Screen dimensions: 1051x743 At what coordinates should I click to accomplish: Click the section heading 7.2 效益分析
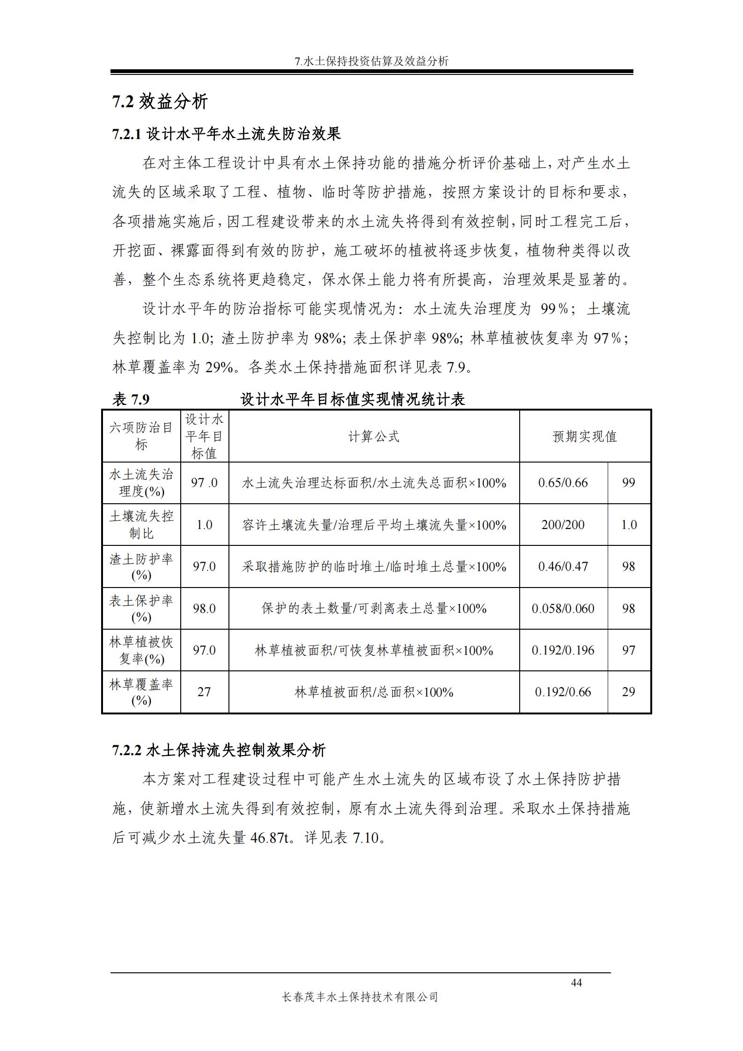pyautogui.click(x=160, y=102)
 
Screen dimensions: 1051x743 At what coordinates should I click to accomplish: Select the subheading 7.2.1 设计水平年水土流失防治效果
pyautogui.click(x=227, y=134)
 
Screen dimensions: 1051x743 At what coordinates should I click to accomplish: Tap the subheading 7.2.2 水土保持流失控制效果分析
pyautogui.click(x=219, y=750)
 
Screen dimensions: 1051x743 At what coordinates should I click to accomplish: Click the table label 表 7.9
pyautogui.click(x=131, y=399)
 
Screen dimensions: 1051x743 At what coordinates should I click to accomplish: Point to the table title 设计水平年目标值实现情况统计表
pyautogui.click(x=352, y=399)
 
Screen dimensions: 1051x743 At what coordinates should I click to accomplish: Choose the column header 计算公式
pyautogui.click(x=374, y=437)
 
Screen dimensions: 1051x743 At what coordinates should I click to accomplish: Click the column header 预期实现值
pyautogui.click(x=585, y=437)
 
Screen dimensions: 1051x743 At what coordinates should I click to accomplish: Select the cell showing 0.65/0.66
pyautogui.click(x=563, y=483)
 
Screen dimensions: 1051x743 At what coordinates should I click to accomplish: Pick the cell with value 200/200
pyautogui.click(x=563, y=525)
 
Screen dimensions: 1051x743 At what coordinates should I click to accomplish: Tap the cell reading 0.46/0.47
pyautogui.click(x=563, y=566)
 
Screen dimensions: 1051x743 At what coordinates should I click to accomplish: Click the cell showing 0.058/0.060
pyautogui.click(x=563, y=609)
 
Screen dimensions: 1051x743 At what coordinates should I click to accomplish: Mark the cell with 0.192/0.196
pyautogui.click(x=563, y=650)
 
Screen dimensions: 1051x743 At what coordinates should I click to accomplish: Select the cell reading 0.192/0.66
pyautogui.click(x=563, y=692)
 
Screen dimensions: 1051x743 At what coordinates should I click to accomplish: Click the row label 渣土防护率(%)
pyautogui.click(x=141, y=566)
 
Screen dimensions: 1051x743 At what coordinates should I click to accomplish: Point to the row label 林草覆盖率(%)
pyautogui.click(x=141, y=692)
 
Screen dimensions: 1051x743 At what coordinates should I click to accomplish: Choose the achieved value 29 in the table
pyautogui.click(x=628, y=692)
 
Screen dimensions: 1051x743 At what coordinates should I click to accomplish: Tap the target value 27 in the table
pyautogui.click(x=204, y=692)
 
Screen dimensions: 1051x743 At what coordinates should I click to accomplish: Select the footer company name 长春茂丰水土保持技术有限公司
pyautogui.click(x=360, y=997)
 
